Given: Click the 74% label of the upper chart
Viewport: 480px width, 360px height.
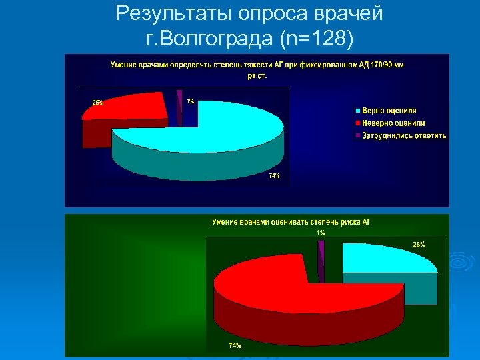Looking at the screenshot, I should point(274,176).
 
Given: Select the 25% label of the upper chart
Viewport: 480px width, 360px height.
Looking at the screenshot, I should point(97,103).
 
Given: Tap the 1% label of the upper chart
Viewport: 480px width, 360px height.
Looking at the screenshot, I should point(190,101).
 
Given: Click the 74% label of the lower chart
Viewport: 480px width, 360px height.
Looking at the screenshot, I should point(235,345).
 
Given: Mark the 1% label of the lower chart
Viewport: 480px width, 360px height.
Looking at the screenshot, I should point(321,233).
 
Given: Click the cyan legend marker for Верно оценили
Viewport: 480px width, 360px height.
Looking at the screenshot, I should point(357,110).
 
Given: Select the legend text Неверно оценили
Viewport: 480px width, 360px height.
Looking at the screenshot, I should point(393,123).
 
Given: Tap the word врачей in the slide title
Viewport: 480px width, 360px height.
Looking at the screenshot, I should point(351,13).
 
